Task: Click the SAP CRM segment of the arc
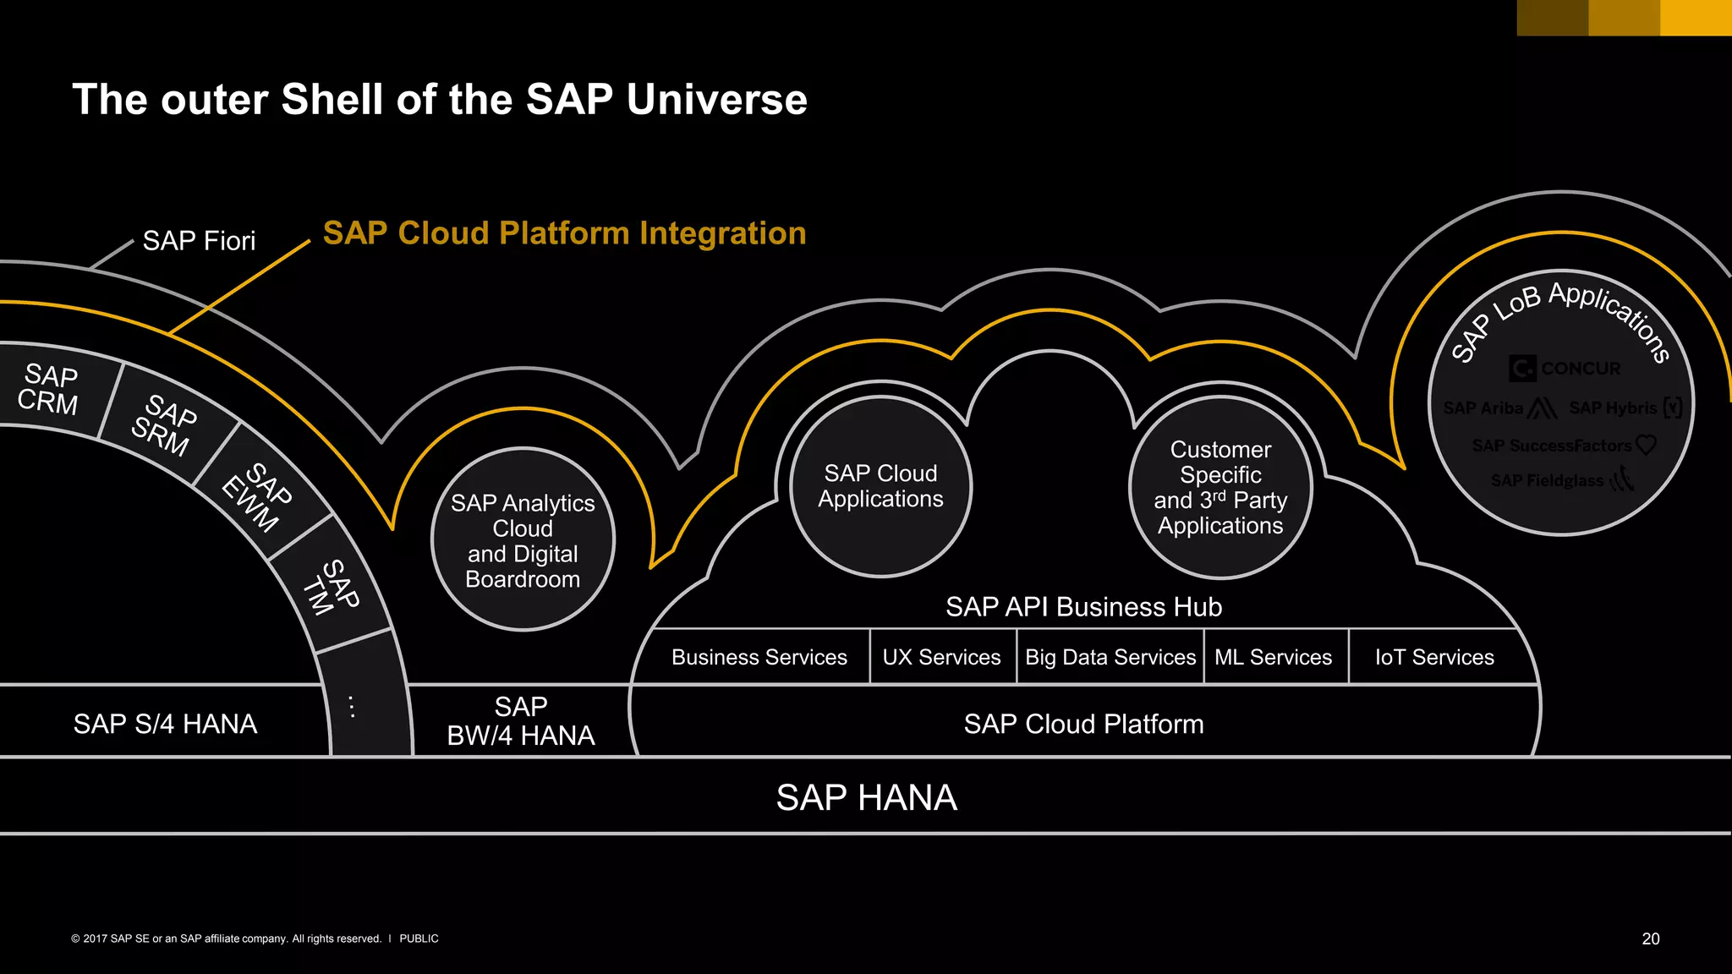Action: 48,389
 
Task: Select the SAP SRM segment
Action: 164,425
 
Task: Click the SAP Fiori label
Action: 199,241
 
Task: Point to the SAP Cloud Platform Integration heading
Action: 564,233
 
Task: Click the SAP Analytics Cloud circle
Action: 523,540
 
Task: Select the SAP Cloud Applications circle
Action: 880,487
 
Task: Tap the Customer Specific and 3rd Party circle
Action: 1220,488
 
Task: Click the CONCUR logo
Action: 1565,369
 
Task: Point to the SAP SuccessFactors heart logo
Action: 1645,445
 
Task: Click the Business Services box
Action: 759,657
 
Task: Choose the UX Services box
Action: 941,657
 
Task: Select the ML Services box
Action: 1273,657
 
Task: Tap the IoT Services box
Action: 1434,657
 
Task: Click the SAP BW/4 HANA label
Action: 521,721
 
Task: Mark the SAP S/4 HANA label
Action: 165,725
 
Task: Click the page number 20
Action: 1650,938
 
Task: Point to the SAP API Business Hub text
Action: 1083,607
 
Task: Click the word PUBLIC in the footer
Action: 419,938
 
